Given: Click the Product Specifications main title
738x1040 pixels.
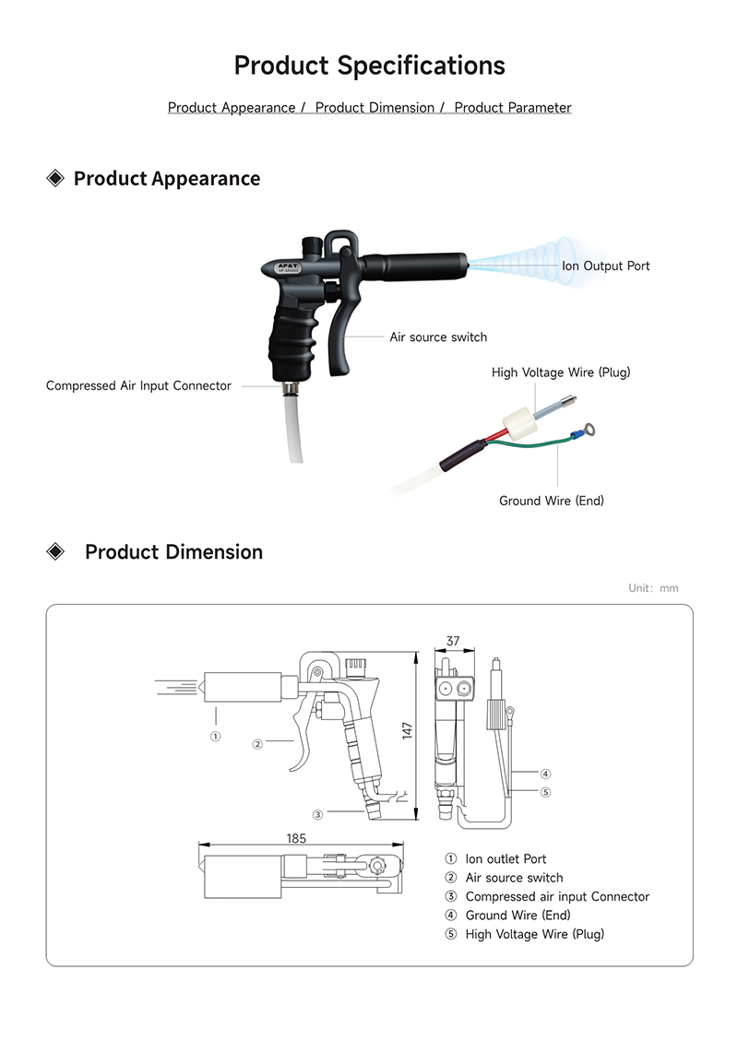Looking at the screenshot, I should [x=369, y=66].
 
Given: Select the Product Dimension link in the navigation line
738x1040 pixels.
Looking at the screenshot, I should [x=375, y=108].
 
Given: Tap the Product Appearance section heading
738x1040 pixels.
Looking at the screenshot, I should [x=166, y=179].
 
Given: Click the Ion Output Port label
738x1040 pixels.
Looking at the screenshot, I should [x=605, y=266].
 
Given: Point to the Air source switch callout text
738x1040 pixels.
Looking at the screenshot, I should [x=438, y=337].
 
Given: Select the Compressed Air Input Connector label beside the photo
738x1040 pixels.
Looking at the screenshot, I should [x=138, y=386].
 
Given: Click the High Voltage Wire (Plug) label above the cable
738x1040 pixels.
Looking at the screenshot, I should [x=561, y=372].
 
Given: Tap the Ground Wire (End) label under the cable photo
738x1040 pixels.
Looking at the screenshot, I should [x=552, y=502].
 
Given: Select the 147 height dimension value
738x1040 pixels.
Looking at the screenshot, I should [x=407, y=730].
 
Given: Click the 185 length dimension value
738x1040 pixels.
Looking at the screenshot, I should [x=296, y=838].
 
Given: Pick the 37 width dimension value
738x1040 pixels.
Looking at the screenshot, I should [x=453, y=641].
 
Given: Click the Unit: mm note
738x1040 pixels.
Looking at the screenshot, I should [x=653, y=588].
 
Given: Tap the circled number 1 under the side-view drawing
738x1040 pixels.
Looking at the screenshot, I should [x=215, y=737].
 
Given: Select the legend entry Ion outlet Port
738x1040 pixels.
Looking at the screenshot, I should [x=506, y=859].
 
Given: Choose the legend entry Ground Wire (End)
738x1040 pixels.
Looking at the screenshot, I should [x=518, y=916].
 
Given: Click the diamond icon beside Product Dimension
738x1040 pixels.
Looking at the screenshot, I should [x=56, y=552].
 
